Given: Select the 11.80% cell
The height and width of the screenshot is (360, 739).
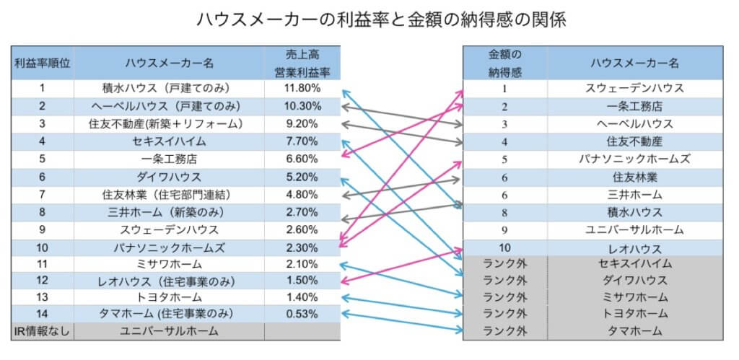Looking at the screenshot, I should click(302, 89).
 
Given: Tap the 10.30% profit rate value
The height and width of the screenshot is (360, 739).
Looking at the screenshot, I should click(302, 106).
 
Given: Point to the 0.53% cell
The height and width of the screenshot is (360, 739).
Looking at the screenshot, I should click(302, 314).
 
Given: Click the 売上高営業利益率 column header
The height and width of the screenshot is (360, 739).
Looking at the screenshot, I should click(302, 63).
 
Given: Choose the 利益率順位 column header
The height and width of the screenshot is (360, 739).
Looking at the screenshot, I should click(43, 63).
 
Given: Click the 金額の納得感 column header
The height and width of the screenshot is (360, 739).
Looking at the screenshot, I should click(504, 63).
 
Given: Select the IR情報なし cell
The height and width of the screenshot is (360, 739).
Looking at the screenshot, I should click(43, 331).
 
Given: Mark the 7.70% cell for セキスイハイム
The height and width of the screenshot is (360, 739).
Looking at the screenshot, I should click(302, 141).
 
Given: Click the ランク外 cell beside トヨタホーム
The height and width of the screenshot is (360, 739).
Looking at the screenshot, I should click(504, 314).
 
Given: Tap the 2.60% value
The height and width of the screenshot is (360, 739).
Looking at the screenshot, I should click(302, 229).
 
